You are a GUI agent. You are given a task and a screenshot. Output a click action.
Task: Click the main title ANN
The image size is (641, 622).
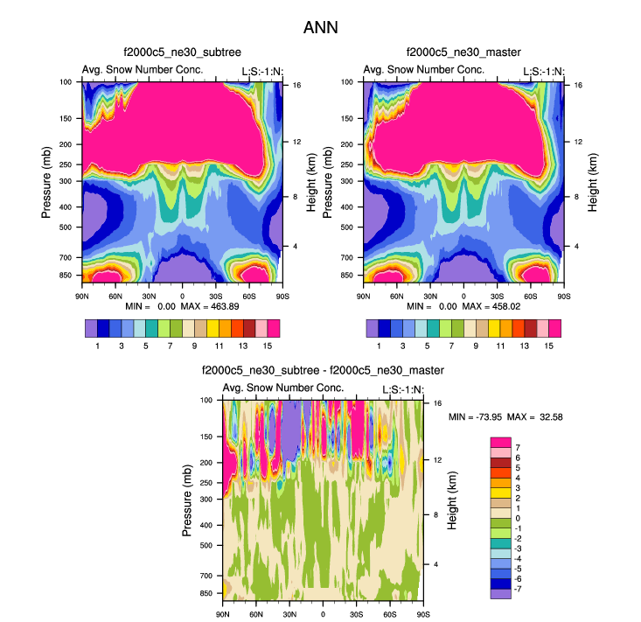pos(320,28)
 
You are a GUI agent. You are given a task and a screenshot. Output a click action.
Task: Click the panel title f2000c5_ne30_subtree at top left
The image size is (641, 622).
pos(182,54)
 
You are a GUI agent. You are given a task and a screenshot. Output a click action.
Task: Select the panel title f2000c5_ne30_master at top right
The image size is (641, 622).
pos(463,54)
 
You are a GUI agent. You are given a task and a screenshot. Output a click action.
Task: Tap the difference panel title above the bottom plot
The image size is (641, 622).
pos(323,371)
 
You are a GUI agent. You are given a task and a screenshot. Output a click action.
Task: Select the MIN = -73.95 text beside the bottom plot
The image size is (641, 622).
pos(476,417)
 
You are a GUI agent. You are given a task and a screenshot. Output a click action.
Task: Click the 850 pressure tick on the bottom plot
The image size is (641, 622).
pos(208,593)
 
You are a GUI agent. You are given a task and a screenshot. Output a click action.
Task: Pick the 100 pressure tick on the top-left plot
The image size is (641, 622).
pos(66,82)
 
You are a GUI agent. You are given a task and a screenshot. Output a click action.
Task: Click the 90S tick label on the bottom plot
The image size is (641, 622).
pos(422,612)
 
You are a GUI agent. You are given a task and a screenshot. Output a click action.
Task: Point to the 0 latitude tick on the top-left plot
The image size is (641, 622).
pos(182,295)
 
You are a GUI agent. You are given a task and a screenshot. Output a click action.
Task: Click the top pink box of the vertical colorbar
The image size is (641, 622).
pos(500,443)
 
